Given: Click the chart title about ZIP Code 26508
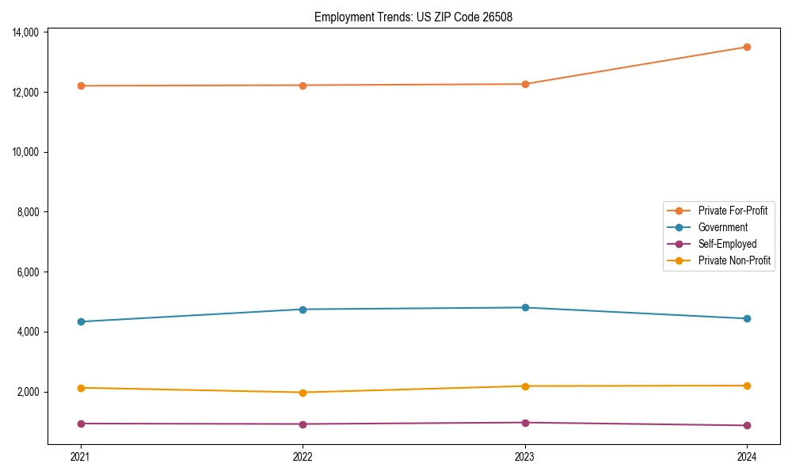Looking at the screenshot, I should tap(413, 17).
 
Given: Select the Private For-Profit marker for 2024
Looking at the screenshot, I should tap(747, 47).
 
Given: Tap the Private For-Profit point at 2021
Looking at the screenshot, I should tap(81, 85).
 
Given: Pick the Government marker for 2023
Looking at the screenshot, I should tap(525, 307).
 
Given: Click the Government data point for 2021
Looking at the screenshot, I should tap(81, 321).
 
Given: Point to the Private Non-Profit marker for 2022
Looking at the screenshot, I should tap(303, 393).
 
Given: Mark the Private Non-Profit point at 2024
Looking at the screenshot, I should tap(747, 386).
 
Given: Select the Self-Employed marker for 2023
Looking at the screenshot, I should tap(525, 423).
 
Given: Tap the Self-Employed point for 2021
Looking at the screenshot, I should tap(81, 424).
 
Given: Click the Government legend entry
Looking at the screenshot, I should tap(722, 227).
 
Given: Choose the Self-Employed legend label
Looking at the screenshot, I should tap(727, 244).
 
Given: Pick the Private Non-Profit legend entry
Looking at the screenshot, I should tap(734, 260).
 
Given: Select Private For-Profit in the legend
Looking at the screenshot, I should tap(733, 211).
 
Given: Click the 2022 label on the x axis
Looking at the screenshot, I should tap(303, 456).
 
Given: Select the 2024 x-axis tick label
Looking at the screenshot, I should tap(747, 456).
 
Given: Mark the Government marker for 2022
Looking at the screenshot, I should tap(303, 310).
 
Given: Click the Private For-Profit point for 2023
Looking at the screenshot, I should tap(525, 84).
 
